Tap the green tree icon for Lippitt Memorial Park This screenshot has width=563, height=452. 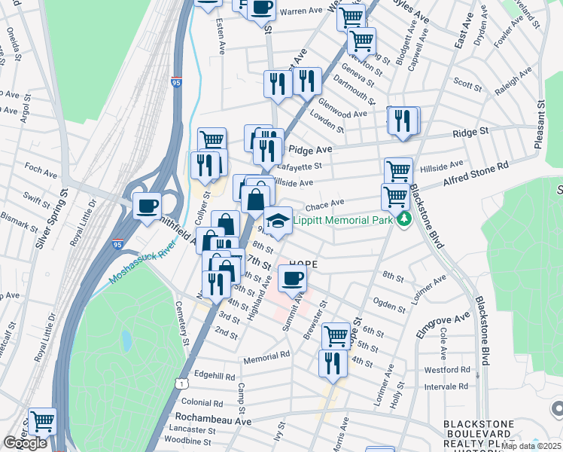click(405, 219)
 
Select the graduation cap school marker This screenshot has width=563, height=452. click(278, 220)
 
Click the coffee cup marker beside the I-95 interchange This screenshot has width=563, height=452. click(148, 205)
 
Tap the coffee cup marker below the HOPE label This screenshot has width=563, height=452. click(293, 278)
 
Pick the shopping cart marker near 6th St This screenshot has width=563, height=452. click(336, 334)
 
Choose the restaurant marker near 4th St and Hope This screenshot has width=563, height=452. click(332, 363)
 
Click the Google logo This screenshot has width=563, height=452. click(25, 443)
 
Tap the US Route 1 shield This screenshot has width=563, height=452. click(181, 384)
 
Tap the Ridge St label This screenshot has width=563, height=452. click(471, 131)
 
